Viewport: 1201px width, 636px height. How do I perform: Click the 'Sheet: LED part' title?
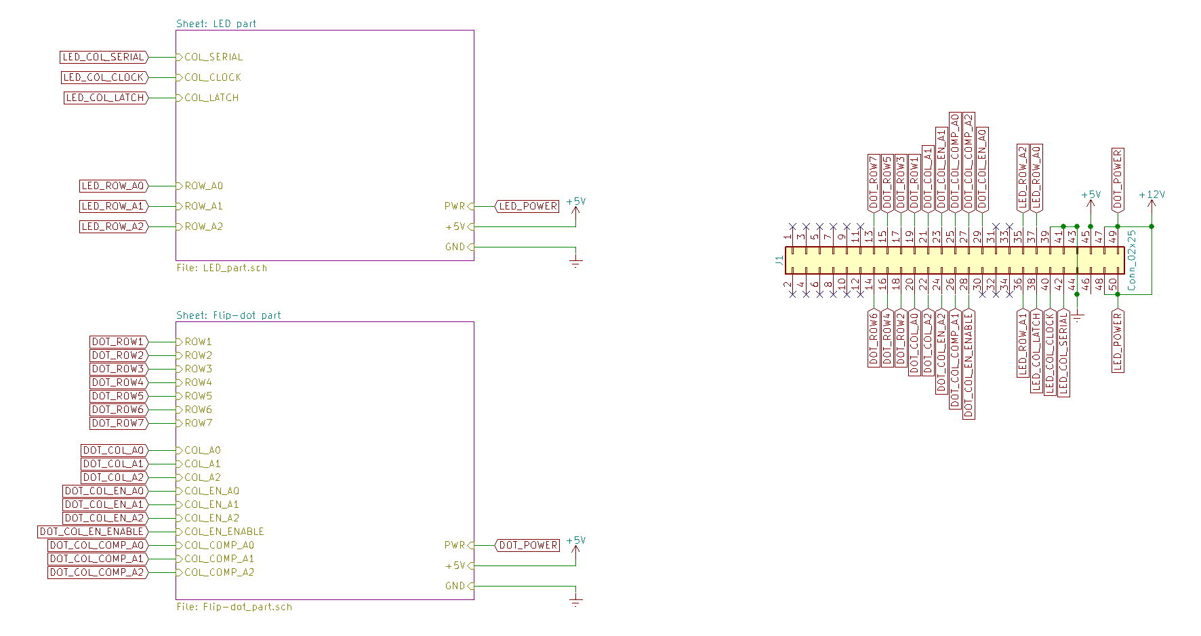[216, 24]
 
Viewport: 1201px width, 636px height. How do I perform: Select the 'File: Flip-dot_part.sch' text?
[235, 607]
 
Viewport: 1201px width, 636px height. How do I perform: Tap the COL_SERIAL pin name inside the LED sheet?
[213, 57]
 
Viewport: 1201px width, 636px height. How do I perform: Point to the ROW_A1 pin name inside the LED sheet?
[203, 206]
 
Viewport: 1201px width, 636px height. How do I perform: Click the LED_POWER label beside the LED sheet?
[528, 206]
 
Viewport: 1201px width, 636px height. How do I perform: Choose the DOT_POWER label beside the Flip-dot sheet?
[528, 545]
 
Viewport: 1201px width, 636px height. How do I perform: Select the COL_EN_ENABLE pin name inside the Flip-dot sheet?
[224, 532]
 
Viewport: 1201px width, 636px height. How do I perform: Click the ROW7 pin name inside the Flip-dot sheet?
[199, 423]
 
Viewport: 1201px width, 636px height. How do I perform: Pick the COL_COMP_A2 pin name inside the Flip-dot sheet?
[220, 572]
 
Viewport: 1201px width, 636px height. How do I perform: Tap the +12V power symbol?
[1152, 195]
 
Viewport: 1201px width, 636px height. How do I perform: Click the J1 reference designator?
[779, 260]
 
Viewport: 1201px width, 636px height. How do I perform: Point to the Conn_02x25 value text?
[1131, 260]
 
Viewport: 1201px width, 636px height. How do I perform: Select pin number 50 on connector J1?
[1113, 285]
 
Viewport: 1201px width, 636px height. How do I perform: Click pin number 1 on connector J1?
[788, 237]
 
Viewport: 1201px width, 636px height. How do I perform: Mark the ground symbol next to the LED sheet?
[575, 262]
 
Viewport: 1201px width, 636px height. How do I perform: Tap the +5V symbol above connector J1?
[1091, 195]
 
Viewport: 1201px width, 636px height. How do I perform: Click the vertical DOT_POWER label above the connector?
[1118, 179]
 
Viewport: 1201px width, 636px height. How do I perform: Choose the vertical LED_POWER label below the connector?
[1118, 341]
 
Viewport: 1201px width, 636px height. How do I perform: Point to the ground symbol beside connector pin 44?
[1077, 315]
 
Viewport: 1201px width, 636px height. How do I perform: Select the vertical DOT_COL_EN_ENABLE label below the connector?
[969, 364]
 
